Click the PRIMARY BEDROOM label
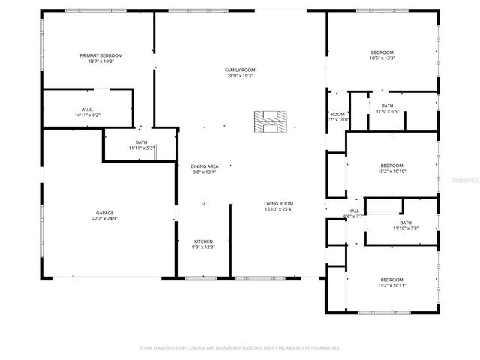pyautogui.click(x=101, y=55)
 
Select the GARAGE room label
pyautogui.click(x=104, y=213)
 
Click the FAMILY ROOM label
pyautogui.click(x=240, y=70)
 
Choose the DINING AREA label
pyautogui.click(x=204, y=166)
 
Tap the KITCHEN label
pyautogui.click(x=204, y=241)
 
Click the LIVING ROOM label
pyautogui.click(x=278, y=203)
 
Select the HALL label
pyautogui.click(x=353, y=211)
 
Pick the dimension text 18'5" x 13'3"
pyautogui.click(x=382, y=58)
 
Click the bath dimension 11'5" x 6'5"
pyautogui.click(x=387, y=112)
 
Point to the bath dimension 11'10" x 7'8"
pyautogui.click(x=406, y=229)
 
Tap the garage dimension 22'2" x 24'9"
pyautogui.click(x=104, y=219)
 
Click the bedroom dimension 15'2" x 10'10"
pyautogui.click(x=391, y=172)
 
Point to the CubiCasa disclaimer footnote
pyautogui.click(x=240, y=348)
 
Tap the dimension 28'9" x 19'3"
pyautogui.click(x=240, y=76)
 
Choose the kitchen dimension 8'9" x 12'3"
pyautogui.click(x=204, y=247)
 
